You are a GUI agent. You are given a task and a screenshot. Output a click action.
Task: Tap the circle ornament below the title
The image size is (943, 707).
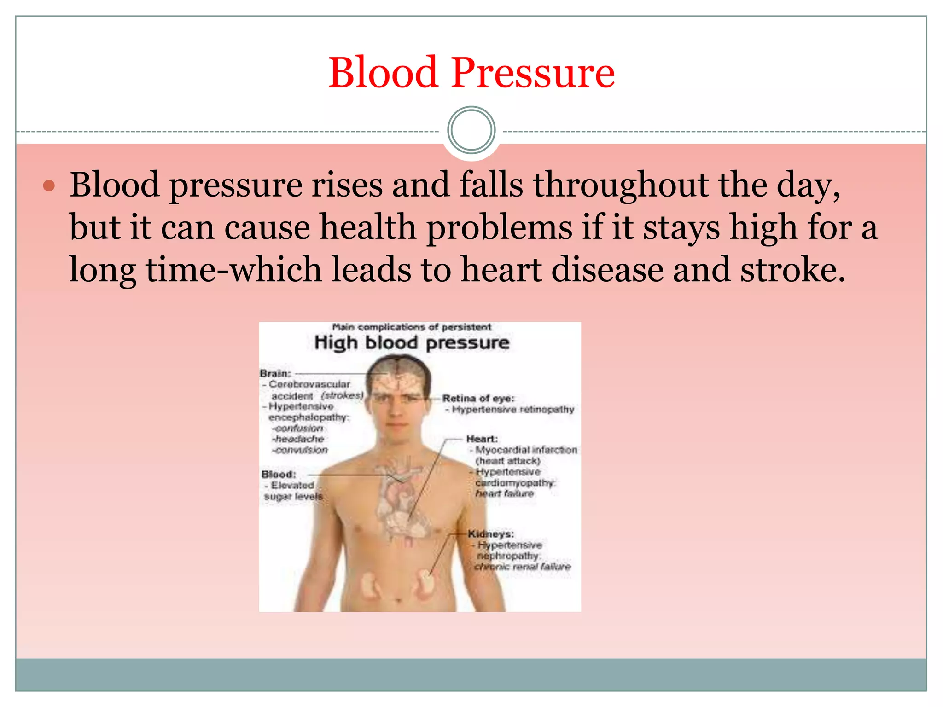pos(471,130)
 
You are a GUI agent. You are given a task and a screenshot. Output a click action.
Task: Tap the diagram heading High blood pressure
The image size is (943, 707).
pos(412,343)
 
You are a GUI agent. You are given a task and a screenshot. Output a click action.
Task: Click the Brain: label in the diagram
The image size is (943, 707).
pos(275,373)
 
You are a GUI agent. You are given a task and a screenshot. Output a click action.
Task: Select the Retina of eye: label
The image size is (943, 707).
pos(478,398)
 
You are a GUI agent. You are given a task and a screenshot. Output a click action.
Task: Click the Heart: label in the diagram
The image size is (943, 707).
pos(482,439)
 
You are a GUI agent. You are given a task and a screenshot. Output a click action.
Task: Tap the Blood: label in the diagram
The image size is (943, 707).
pos(279,474)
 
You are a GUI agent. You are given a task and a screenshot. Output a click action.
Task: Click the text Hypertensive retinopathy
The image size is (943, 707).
pos(512,409)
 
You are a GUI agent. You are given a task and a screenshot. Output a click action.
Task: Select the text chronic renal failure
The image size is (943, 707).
pos(523,567)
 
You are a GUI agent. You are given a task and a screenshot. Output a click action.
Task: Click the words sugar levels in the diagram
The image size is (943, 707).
pos(293,496)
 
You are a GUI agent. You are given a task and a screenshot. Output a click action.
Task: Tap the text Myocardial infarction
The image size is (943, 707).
pos(526,450)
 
